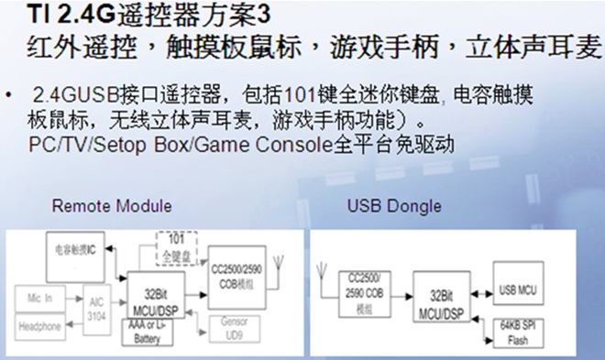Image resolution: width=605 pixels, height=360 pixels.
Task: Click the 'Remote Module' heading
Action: click(x=111, y=204)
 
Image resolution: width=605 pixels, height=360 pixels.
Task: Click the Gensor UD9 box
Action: click(x=234, y=326)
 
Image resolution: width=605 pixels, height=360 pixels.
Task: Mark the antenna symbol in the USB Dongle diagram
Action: click(x=322, y=269)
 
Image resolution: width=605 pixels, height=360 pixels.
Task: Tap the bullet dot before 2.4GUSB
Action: click(x=11, y=96)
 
